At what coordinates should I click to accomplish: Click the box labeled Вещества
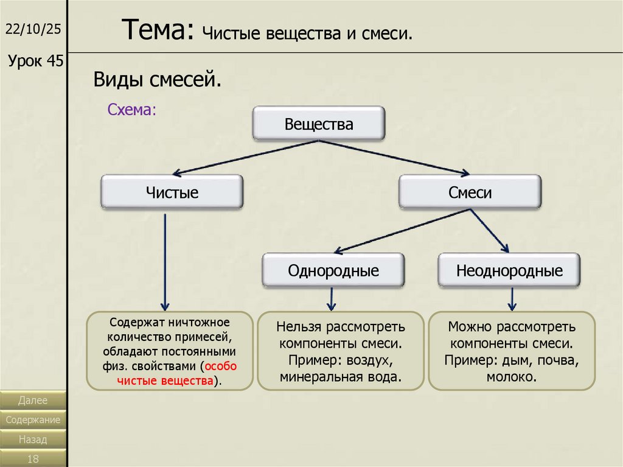pos(319,124)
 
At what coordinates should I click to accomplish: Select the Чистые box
pos(172,192)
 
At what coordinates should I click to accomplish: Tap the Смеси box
pos(470,192)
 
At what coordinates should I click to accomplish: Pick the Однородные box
pos(333,270)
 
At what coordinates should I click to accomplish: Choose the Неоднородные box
pos(509,270)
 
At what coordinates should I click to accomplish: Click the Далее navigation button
pos(33,400)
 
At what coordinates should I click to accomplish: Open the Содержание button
pos(33,420)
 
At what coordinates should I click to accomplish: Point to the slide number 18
pos(33,458)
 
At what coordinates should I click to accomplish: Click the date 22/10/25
pos(33,29)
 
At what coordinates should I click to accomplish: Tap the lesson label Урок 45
pos(36,61)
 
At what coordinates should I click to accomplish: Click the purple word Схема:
pos(132,110)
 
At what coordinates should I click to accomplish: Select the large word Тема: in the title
pos(158,30)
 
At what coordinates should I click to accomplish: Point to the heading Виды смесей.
pos(158,79)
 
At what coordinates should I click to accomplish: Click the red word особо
pos(220,366)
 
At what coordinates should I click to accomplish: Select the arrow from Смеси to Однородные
pos(403,231)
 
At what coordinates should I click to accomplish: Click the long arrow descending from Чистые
pos(165,262)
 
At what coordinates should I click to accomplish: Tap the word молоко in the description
pos(511,377)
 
